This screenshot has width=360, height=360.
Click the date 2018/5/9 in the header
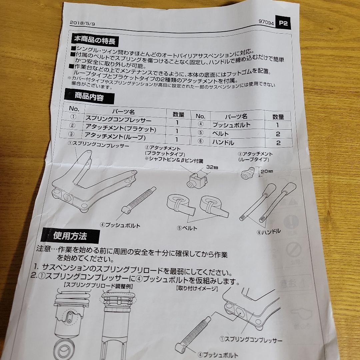coord(81,23)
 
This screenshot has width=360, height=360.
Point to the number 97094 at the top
coord(266,23)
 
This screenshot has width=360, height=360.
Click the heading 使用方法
coord(70,236)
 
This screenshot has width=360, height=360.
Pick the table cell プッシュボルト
coord(231,125)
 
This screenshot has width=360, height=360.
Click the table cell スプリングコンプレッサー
coord(118,120)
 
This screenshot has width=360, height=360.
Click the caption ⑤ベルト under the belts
coord(187,228)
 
